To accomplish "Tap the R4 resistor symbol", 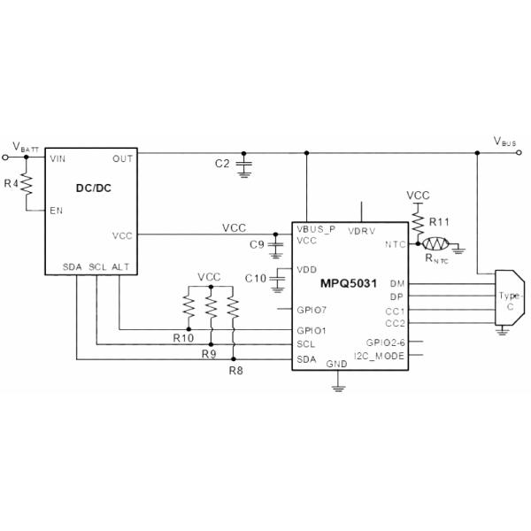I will [x=27, y=184].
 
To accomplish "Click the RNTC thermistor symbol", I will [x=435, y=243].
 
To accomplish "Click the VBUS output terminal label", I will [x=505, y=141].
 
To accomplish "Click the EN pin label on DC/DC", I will [x=58, y=211].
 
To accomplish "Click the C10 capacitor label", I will [x=256, y=279].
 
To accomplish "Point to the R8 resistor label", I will [x=235, y=370].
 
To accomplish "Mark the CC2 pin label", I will [x=396, y=323].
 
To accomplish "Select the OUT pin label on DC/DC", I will [x=123, y=158].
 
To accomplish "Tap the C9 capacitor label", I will [x=258, y=243].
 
